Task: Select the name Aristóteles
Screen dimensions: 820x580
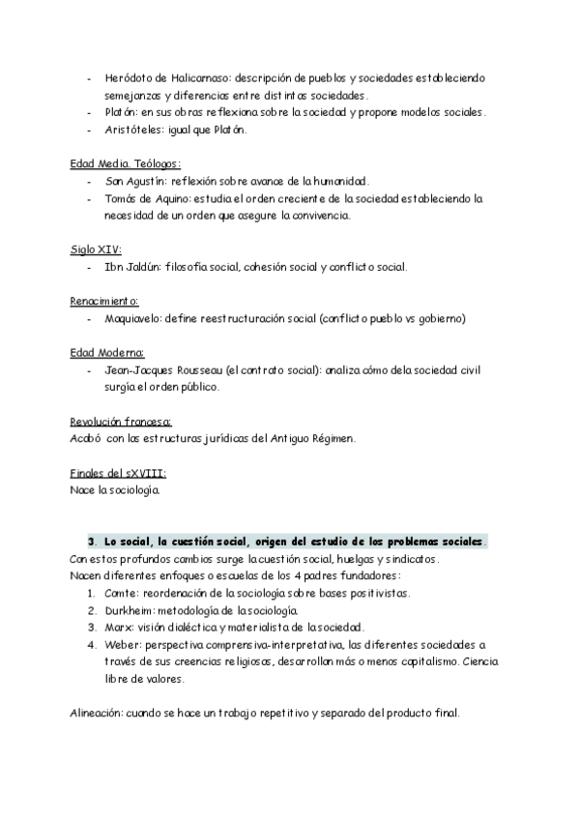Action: [132, 130]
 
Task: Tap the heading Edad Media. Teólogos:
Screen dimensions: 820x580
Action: [126, 163]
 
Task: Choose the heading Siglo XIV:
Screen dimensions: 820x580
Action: [95, 249]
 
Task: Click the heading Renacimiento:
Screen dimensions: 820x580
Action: [104, 301]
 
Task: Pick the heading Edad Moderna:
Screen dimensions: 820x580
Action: [107, 353]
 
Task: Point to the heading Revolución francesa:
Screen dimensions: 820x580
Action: [121, 422]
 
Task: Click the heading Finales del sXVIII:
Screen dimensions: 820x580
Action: [118, 473]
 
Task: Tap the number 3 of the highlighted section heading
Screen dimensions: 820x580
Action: [90, 542]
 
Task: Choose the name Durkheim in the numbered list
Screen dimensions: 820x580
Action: [129, 610]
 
